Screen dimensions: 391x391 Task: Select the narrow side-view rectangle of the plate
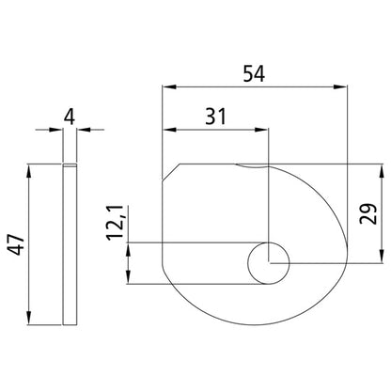click(69, 244)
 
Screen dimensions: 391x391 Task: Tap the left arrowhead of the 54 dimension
click(167, 88)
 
